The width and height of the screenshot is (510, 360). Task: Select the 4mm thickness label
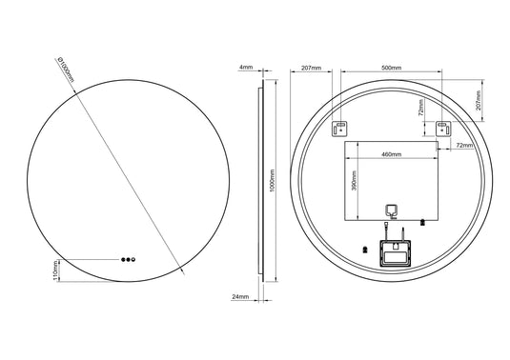click(x=246, y=69)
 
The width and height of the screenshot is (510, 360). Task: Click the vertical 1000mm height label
click(x=273, y=181)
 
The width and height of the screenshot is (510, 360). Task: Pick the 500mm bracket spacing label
click(x=391, y=69)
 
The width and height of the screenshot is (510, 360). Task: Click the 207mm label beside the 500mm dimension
click(x=310, y=69)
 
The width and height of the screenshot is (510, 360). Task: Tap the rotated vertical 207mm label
click(x=478, y=98)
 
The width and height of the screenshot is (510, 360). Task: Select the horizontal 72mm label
click(x=464, y=146)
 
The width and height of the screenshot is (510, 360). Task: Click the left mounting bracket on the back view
click(x=341, y=129)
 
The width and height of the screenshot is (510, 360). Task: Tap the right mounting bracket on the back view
click(x=442, y=129)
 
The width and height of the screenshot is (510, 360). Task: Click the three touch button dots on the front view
click(x=127, y=259)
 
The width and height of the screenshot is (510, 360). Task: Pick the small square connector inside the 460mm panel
click(x=390, y=212)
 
